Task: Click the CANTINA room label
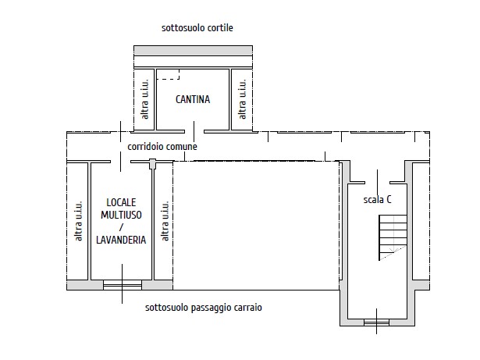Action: click(193, 99)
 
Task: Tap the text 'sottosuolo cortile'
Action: click(197, 28)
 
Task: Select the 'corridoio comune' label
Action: click(162, 147)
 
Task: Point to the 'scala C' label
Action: click(377, 200)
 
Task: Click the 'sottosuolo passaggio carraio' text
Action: click(204, 308)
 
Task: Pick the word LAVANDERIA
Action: click(121, 240)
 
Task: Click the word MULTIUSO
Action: click(121, 215)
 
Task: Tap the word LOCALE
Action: click(121, 202)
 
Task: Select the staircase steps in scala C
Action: click(393, 237)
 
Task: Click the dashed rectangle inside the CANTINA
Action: click(168, 74)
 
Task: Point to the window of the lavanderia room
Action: click(123, 285)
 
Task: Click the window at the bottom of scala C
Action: click(376, 323)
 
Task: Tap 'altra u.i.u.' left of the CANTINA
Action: click(144, 99)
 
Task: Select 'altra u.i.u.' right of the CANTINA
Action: click(242, 99)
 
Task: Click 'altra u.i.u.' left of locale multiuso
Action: click(78, 220)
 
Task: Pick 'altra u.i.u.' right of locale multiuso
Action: click(165, 220)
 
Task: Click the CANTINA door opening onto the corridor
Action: click(194, 132)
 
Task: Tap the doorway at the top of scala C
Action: click(378, 183)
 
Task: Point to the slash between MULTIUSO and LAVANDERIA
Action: click(121, 227)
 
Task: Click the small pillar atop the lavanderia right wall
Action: click(152, 164)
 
